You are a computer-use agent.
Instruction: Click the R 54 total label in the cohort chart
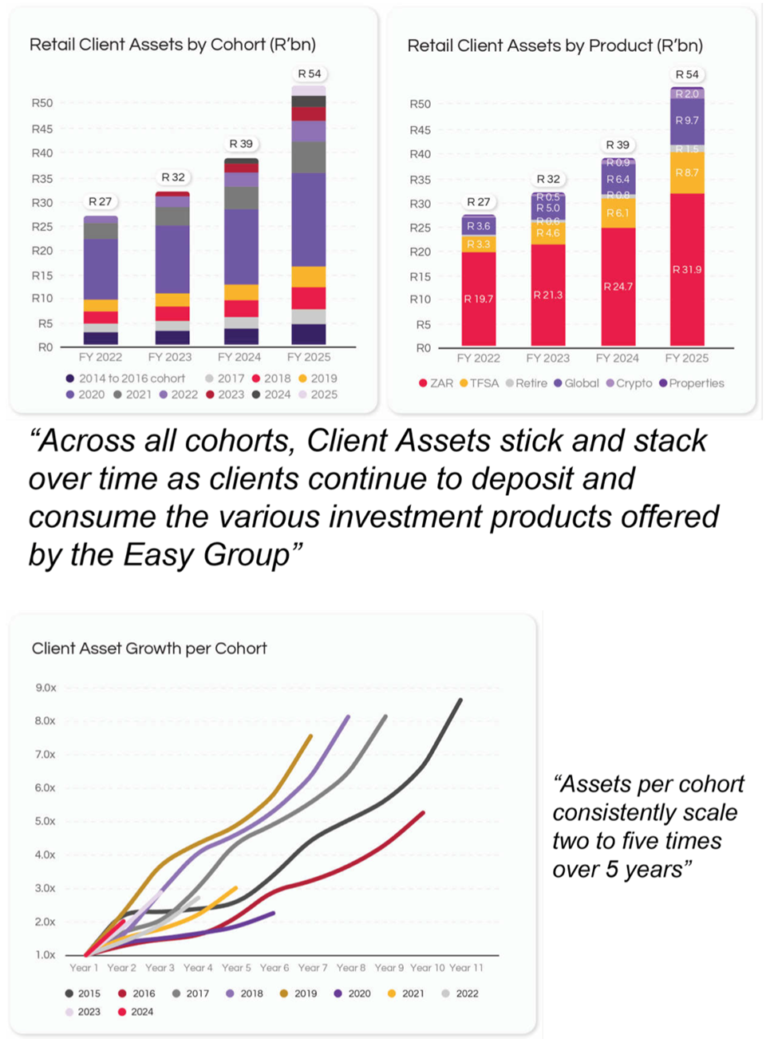tap(309, 73)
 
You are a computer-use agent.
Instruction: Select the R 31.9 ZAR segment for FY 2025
tap(686, 269)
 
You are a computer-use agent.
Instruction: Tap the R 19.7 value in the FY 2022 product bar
tap(478, 299)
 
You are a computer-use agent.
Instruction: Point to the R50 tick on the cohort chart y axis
tap(42, 103)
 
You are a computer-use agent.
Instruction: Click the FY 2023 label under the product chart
tap(547, 358)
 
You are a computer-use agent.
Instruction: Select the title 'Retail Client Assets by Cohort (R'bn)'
tap(172, 45)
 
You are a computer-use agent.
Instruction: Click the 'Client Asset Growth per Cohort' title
tap(149, 648)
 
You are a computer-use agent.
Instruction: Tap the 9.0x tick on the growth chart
tap(45, 688)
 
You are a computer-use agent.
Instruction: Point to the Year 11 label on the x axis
tap(466, 968)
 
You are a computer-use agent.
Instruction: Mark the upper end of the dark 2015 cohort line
tap(460, 700)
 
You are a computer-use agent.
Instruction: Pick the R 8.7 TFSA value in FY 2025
tap(686, 173)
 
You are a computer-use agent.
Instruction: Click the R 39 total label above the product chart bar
tap(617, 145)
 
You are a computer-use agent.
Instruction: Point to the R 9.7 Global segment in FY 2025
tap(686, 121)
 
